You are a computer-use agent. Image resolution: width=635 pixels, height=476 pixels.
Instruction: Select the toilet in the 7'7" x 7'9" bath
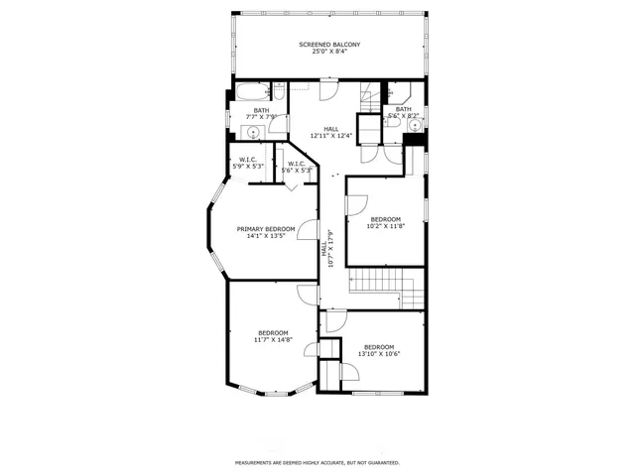(x=279, y=94)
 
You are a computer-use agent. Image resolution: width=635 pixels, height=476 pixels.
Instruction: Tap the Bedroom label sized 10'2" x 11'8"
(x=385, y=223)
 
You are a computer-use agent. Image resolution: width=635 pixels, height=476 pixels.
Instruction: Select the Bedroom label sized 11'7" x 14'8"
(x=273, y=336)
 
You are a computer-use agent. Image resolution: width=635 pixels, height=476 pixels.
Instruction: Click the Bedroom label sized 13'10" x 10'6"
(x=378, y=351)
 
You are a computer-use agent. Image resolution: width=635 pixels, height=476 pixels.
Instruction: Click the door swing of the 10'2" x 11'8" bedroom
(x=354, y=203)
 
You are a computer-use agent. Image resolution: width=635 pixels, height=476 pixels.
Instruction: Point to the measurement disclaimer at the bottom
(x=317, y=462)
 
